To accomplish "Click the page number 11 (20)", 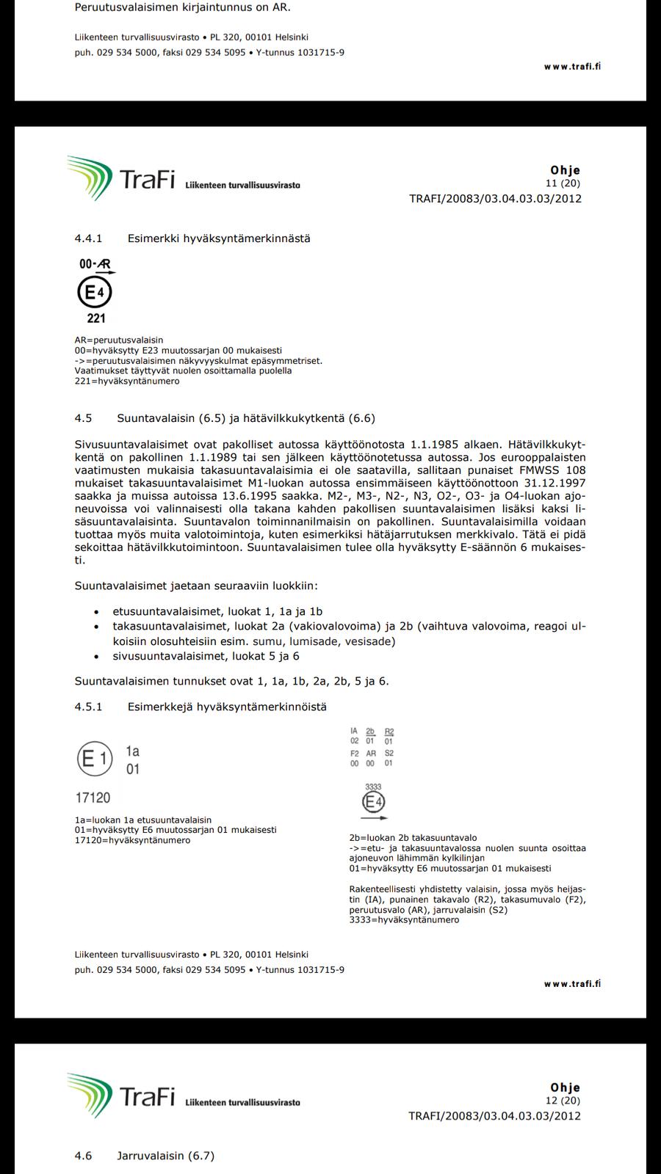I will coord(563,183).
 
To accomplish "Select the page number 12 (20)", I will coord(563,1101).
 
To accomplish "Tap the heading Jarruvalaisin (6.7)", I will coord(165,1156).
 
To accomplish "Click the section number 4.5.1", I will coord(88,707).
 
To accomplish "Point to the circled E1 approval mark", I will coord(94,759).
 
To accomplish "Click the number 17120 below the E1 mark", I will coord(93,798).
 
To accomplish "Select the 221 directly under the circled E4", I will coord(96,318).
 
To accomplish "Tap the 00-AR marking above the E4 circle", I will coord(95,264).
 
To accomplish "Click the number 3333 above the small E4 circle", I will coord(373,787).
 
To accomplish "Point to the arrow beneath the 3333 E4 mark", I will coord(374,817).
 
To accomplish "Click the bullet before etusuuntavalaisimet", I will coord(97,612).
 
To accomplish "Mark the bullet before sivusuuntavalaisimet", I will coord(97,657).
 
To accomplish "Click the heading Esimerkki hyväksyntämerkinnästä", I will coord(219,238).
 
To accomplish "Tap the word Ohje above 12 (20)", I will coord(565,1087).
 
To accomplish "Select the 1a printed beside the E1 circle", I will coord(132,751).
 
